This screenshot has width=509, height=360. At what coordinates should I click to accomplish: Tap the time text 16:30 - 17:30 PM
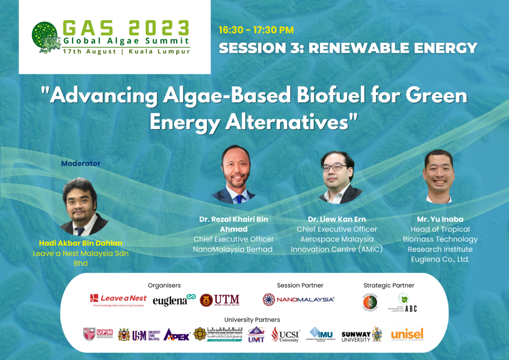coord(256,30)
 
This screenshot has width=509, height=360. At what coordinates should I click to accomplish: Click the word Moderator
coord(81,163)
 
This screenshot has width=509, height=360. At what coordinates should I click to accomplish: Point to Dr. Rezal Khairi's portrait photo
coord(234,174)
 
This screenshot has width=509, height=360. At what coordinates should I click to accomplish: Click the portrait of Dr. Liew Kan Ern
coord(340,177)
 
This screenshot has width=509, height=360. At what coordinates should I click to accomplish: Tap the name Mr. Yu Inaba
coord(440,219)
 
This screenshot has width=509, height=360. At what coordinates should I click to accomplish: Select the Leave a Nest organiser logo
coord(118,300)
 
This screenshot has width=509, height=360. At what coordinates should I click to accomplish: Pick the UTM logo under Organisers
coord(220,300)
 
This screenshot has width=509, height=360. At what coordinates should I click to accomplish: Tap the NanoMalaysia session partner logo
coord(298,299)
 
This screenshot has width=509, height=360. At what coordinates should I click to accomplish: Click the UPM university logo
coord(98,335)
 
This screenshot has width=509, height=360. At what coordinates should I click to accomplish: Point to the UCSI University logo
coord(285,335)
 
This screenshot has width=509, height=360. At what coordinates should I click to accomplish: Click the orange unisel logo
coord(407,335)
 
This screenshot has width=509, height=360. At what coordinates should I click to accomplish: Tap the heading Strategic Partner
coord(389,285)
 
